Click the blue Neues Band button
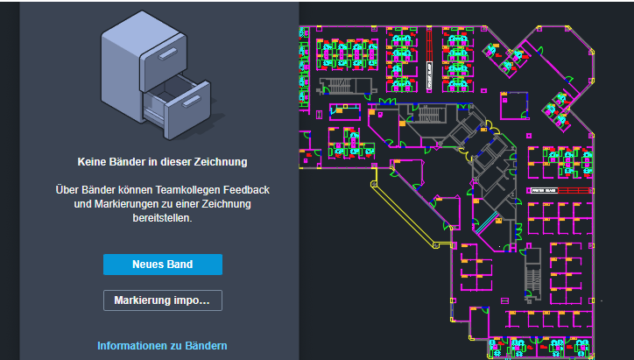pos(162,265)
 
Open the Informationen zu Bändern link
pos(162,346)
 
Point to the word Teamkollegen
pos(161,190)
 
